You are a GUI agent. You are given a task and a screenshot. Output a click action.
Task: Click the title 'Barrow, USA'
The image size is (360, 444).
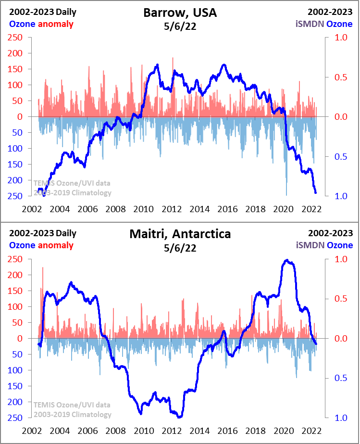[x=180, y=13]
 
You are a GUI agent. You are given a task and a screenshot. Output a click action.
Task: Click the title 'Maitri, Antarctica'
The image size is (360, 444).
[x=180, y=234]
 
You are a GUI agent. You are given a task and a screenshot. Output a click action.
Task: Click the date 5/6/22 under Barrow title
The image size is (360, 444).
[x=180, y=26]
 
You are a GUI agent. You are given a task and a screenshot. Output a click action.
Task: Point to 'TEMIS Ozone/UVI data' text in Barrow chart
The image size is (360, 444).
[x=72, y=183]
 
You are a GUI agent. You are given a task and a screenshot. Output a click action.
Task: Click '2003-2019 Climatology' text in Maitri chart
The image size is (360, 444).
[x=73, y=414]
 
